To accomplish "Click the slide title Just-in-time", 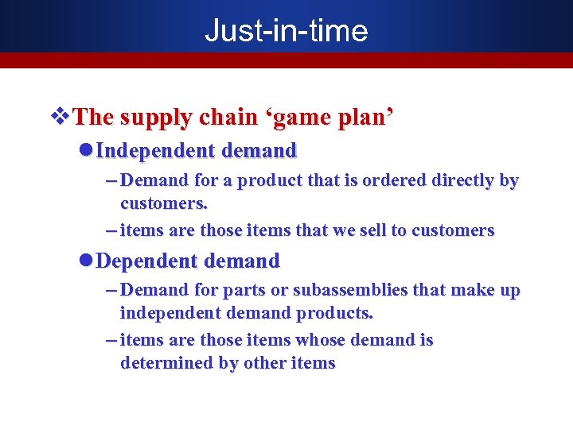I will (x=286, y=30).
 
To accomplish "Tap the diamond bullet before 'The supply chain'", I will (x=60, y=117).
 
